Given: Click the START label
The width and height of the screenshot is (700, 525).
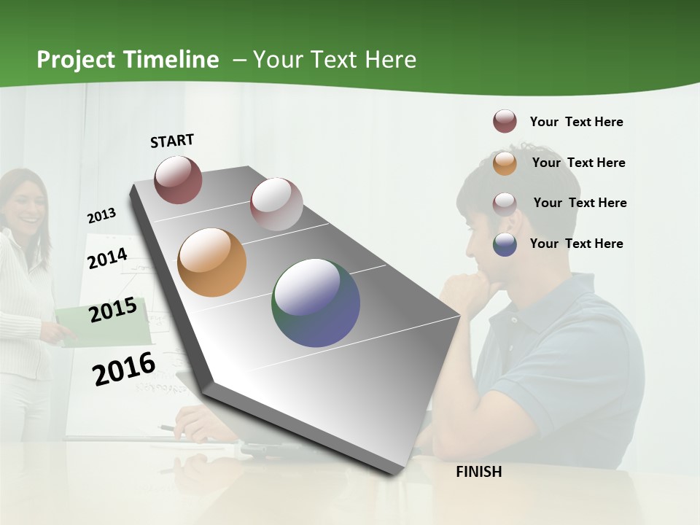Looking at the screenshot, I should [x=172, y=141].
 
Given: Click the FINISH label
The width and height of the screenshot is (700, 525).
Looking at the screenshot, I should [x=479, y=472].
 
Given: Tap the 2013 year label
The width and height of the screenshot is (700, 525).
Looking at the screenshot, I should [x=102, y=216].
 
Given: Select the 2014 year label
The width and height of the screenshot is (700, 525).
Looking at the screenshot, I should [x=108, y=258].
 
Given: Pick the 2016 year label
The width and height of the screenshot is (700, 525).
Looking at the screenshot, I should [x=124, y=368].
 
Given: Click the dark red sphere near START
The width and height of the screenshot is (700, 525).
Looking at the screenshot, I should [x=178, y=179].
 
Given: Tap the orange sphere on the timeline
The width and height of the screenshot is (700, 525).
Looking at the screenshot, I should [x=211, y=262].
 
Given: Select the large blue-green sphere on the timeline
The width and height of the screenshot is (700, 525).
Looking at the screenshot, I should [x=316, y=303].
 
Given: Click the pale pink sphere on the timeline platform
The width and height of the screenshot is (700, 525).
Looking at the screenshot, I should [x=276, y=203].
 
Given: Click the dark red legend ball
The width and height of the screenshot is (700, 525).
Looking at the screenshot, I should [x=505, y=122].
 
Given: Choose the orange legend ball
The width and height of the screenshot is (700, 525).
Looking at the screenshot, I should [x=505, y=163].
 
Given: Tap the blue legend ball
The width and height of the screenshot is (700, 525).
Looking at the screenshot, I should [x=505, y=244].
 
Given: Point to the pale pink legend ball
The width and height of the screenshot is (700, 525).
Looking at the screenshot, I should [x=505, y=203].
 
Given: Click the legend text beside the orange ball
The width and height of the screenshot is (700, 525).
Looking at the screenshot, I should [x=578, y=163].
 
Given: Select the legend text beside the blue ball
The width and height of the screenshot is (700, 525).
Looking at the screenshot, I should [x=577, y=244].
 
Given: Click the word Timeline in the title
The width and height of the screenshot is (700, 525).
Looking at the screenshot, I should [x=171, y=60].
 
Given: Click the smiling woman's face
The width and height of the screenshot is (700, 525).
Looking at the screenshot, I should [x=23, y=205].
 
